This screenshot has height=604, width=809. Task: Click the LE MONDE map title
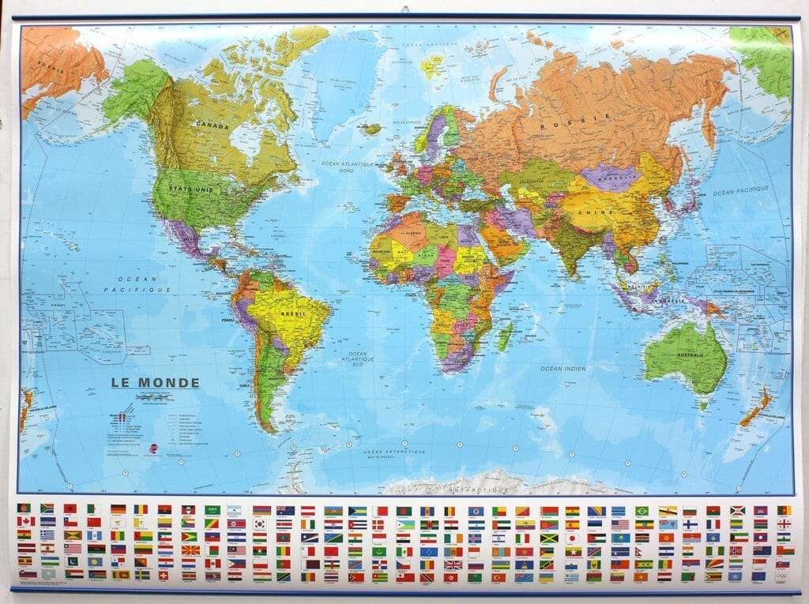155,383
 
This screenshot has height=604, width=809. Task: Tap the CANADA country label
213,126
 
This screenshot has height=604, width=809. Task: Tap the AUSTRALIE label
685,355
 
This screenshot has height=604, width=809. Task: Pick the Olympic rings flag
783,576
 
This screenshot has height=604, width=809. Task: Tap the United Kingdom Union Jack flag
452,564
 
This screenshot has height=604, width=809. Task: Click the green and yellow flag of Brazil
642,511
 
